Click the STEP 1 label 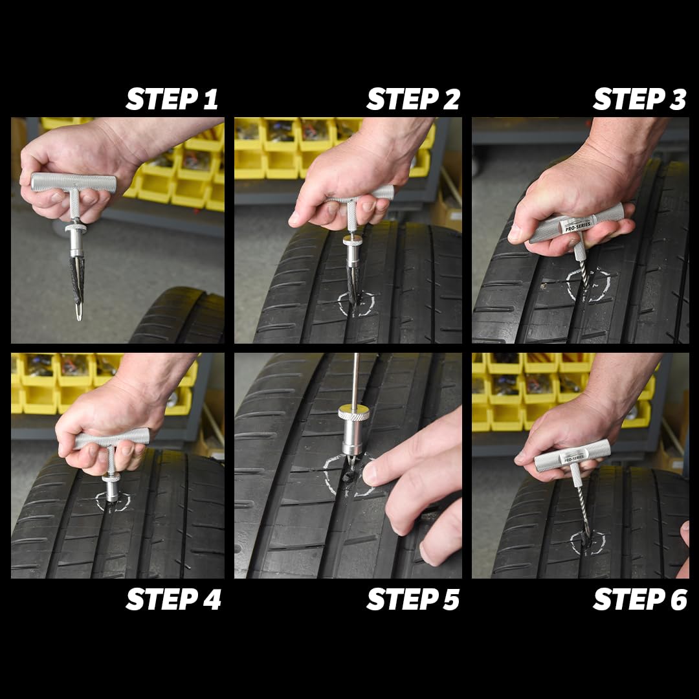point(172,100)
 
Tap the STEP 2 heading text point(413,100)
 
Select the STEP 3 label point(639,100)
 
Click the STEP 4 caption point(173,600)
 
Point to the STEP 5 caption point(413,600)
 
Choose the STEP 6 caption point(639,600)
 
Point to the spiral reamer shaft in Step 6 point(582,511)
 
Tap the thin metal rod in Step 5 point(355,379)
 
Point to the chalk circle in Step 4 point(113,501)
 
